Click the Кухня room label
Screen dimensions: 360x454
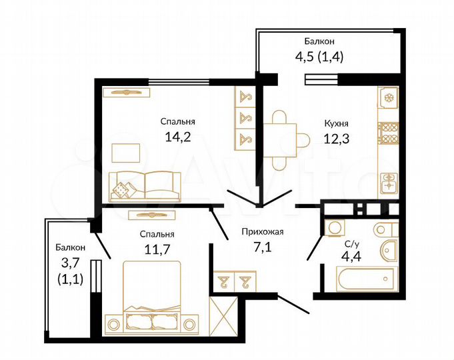[336, 123]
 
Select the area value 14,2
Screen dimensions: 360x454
[177, 137]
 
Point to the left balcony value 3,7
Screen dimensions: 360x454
[69, 264]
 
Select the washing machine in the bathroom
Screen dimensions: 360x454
[333, 227]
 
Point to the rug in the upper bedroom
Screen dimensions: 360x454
[125, 152]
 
